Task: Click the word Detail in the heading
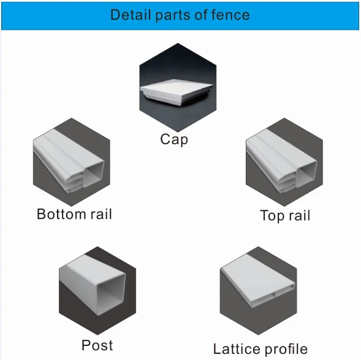click(131, 15)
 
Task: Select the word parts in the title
click(173, 15)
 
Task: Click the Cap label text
click(174, 140)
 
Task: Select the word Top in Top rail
click(272, 216)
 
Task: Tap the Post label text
click(97, 345)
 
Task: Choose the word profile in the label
click(286, 349)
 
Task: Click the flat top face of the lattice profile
click(256, 279)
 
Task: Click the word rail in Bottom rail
click(101, 214)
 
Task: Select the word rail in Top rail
click(300, 215)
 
